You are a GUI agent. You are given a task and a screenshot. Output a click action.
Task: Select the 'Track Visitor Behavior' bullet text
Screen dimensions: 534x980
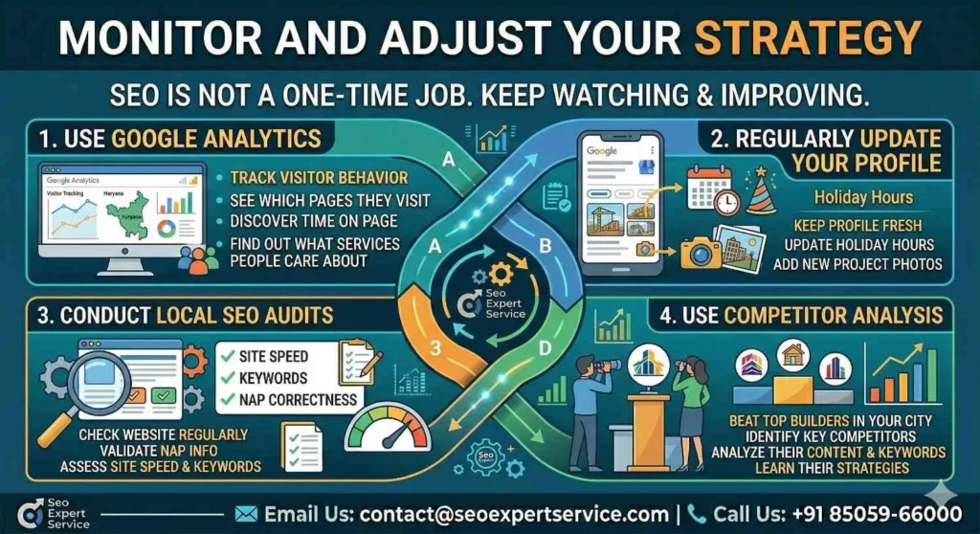click(x=319, y=178)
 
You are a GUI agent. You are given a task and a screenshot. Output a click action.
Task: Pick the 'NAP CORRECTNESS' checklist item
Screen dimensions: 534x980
click(x=298, y=399)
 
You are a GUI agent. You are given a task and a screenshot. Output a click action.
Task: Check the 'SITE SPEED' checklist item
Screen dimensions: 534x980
click(x=274, y=357)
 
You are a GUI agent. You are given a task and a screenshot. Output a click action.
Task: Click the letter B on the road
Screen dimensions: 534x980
click(x=546, y=246)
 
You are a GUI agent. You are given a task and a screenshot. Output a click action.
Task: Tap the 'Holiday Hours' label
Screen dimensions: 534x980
click(x=863, y=198)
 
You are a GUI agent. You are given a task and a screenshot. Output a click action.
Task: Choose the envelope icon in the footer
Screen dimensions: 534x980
click(x=246, y=513)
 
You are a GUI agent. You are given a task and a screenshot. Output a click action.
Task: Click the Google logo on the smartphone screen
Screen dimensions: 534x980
click(x=602, y=152)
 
